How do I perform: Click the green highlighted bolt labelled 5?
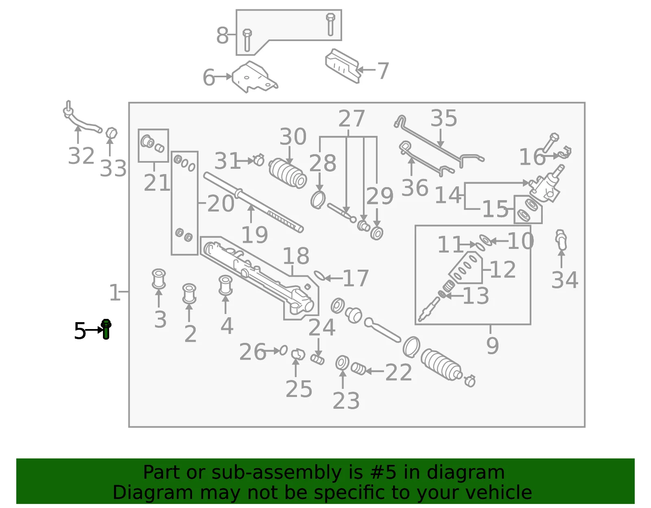(106, 329)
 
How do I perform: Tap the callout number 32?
(81, 156)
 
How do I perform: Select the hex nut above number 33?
(111, 133)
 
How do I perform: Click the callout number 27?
(352, 118)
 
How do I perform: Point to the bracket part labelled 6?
(254, 77)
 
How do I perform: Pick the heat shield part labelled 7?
(342, 66)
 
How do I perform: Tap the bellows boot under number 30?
(288, 173)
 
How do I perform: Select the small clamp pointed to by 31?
(259, 160)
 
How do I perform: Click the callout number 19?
(254, 235)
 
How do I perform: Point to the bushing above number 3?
(159, 279)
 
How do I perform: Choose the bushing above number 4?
(225, 285)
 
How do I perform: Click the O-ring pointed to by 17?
(319, 276)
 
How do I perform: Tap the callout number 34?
(565, 280)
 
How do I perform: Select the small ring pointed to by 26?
(284, 350)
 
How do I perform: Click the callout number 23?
(346, 401)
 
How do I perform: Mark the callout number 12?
(503, 269)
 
